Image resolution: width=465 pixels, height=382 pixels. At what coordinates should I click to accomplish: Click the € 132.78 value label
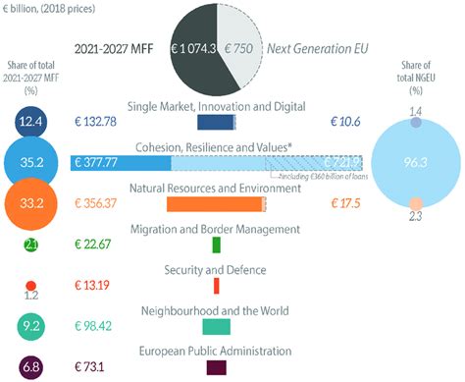tap(101, 122)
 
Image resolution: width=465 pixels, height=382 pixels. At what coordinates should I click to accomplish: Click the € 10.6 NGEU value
tap(344, 122)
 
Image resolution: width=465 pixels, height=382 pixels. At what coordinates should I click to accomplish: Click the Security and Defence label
tap(216, 269)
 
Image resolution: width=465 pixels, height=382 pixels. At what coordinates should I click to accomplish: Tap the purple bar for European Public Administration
tap(216, 367)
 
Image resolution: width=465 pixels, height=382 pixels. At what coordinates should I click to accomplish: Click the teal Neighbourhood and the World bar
tap(216, 326)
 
